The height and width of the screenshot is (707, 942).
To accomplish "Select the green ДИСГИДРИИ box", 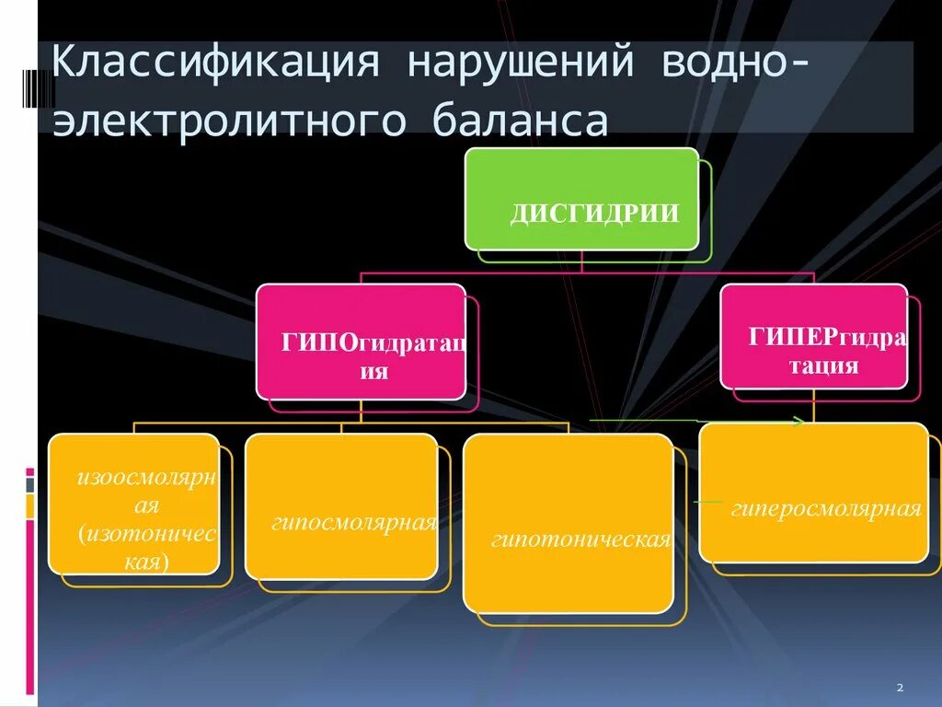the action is [581, 198].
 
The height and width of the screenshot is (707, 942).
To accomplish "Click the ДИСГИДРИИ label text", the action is [594, 214].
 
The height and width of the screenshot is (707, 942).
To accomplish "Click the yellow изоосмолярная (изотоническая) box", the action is [134, 504].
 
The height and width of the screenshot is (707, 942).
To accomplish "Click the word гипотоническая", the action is [580, 539].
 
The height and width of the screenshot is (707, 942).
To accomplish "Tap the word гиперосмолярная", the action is [826, 509].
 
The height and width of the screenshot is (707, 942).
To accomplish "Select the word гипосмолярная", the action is [353, 523].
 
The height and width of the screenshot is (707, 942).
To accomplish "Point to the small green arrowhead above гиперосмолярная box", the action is [798, 422].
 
